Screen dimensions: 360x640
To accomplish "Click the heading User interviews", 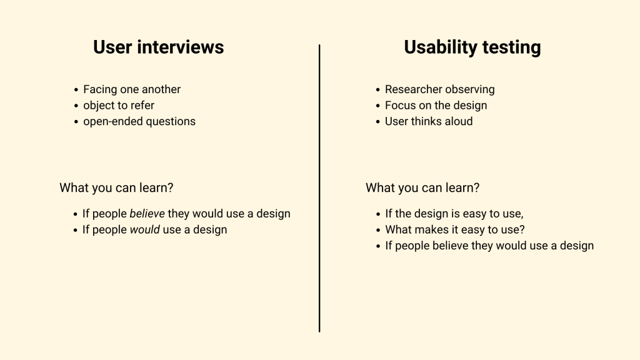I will pyautogui.click(x=158, y=47).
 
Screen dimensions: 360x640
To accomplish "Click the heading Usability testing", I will pyautogui.click(x=472, y=47).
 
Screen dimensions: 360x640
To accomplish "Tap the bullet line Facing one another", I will pyautogui.click(x=132, y=89).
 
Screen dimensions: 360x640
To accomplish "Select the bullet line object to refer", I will pyautogui.click(x=119, y=106).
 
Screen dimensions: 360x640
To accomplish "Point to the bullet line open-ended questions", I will pyautogui.click(x=139, y=121).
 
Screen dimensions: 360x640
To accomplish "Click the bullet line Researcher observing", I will pyautogui.click(x=439, y=89).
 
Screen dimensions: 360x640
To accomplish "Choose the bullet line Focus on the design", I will pyautogui.click(x=436, y=106).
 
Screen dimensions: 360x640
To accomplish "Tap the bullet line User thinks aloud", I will pyautogui.click(x=429, y=121).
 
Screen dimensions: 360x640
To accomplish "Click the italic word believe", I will pyautogui.click(x=147, y=214).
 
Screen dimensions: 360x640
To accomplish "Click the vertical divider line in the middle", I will pyautogui.click(x=319, y=187).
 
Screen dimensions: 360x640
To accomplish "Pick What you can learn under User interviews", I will pyautogui.click(x=116, y=187).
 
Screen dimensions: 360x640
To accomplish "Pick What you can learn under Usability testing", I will pyautogui.click(x=422, y=187).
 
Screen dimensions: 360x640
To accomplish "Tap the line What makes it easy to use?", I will pyautogui.click(x=455, y=229).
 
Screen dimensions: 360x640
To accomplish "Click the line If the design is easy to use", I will pyautogui.click(x=454, y=214).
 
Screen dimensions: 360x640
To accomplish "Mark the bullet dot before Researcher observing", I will pyautogui.click(x=377, y=90).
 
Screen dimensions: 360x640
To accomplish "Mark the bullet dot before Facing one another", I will pyautogui.click(x=76, y=90).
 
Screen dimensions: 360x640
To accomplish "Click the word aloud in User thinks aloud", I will pyautogui.click(x=458, y=121).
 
